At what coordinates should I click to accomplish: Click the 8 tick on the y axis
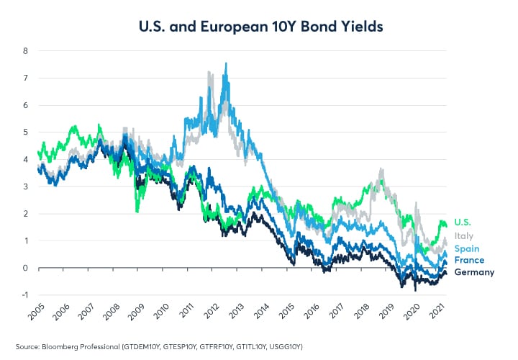point(25,51)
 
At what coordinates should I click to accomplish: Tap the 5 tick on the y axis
point(25,132)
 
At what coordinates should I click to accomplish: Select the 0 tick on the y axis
point(25,268)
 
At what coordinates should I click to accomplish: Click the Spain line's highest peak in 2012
point(227,63)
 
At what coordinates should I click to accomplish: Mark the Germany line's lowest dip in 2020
point(415,290)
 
